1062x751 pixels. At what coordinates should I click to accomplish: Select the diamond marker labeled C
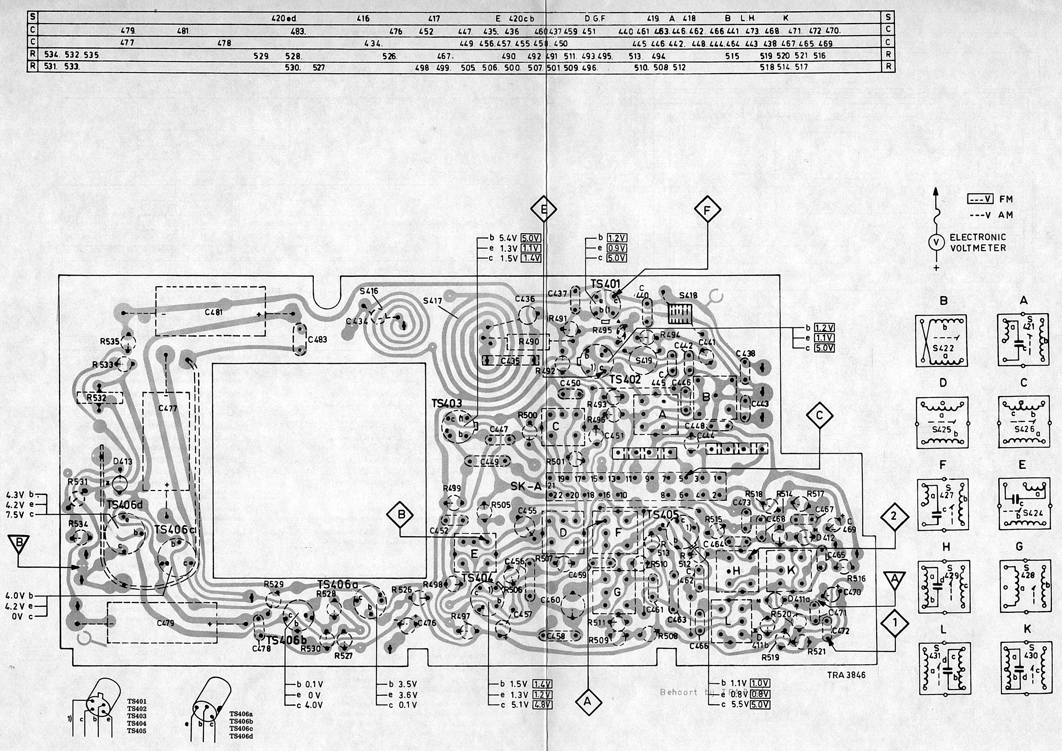point(819,416)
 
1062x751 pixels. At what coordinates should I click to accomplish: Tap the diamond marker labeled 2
point(893,516)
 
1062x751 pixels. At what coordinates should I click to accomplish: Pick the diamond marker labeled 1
point(895,623)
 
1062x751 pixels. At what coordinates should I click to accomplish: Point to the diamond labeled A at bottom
point(587,701)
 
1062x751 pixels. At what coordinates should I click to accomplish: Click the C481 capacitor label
point(214,312)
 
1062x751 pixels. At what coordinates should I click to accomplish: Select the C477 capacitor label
point(167,408)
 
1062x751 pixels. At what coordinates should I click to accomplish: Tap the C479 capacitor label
point(165,623)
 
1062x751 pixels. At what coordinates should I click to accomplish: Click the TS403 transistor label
point(447,403)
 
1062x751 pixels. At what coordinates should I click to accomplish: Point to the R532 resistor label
point(96,398)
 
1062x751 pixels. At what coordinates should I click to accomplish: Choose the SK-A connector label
point(526,487)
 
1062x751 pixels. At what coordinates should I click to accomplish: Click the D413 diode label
point(122,461)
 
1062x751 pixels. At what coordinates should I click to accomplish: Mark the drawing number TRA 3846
point(846,675)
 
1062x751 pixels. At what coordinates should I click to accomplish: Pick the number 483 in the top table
point(297,32)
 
